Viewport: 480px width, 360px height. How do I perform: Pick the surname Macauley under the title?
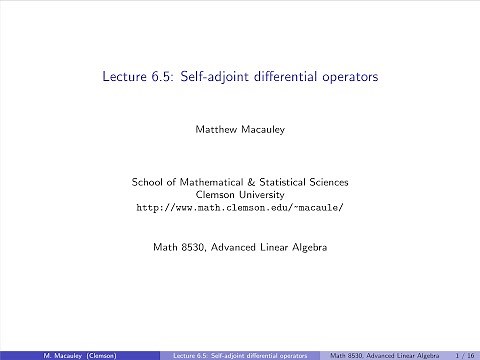tap(265, 129)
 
